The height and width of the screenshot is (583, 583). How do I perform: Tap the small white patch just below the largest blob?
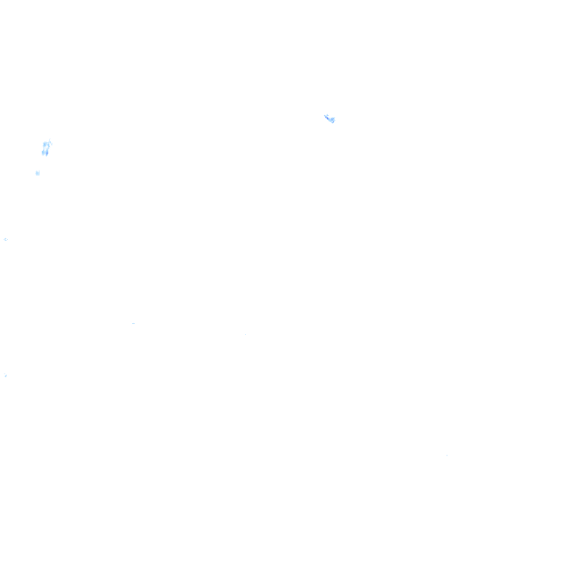pos(36,173)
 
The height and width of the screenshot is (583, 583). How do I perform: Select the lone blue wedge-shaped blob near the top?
pos(329,118)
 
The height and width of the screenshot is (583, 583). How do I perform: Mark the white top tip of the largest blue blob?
pos(49,138)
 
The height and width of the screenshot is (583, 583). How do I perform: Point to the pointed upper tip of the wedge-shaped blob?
pos(325,115)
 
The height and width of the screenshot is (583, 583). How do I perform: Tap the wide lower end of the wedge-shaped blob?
pos(332,120)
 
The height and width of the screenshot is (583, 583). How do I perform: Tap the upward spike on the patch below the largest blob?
pos(39,168)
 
